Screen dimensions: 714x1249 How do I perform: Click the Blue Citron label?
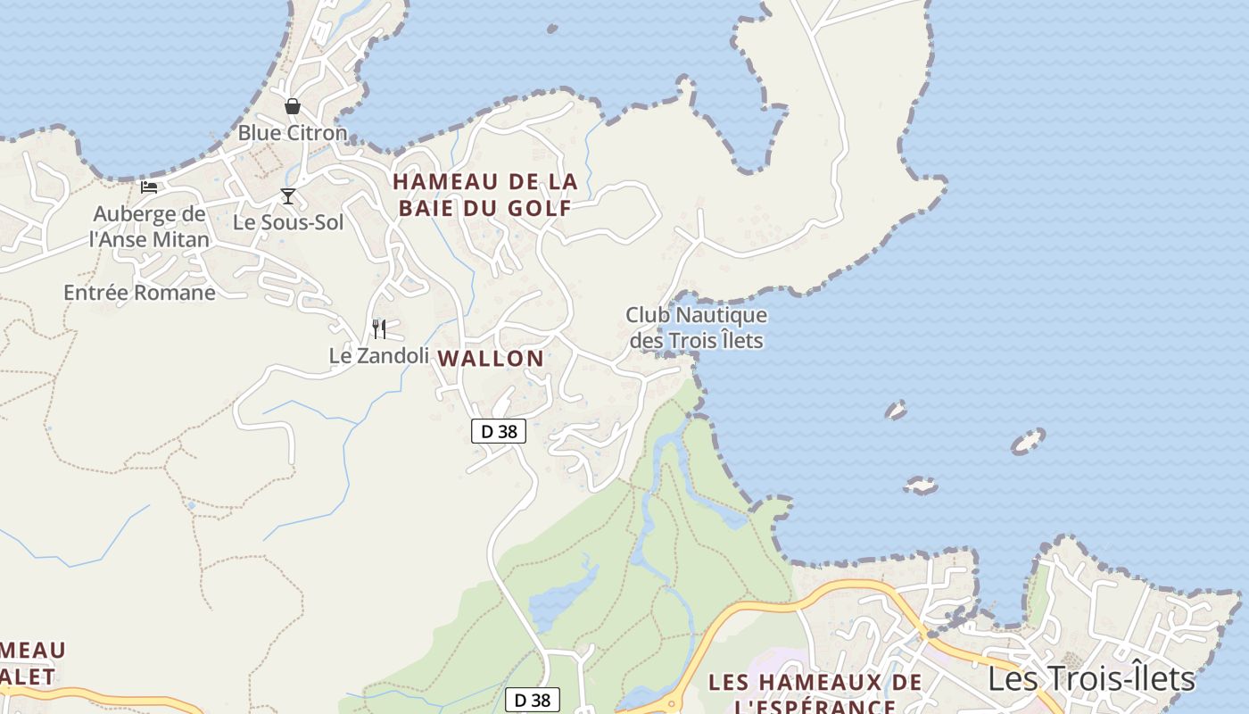tap(292, 133)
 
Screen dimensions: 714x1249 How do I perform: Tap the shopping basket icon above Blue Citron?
tap(292, 107)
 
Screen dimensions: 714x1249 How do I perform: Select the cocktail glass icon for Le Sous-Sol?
tap(287, 196)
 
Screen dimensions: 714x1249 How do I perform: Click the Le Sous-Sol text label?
tap(287, 222)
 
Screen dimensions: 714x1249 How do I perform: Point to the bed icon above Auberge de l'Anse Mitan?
tap(149, 187)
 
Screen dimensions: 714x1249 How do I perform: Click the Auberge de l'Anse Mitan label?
tap(149, 227)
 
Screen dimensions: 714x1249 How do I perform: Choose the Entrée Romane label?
tap(139, 293)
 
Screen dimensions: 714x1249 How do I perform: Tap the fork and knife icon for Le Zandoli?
tap(379, 329)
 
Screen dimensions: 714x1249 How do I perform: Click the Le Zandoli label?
tap(378, 355)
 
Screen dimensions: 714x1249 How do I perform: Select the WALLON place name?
tap(490, 359)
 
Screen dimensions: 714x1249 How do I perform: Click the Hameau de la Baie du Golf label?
tap(485, 195)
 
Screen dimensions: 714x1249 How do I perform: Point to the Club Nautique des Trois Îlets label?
tap(696, 328)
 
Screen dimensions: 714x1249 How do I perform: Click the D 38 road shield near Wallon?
tap(499, 431)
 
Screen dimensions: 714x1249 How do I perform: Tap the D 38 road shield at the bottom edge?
tap(533, 701)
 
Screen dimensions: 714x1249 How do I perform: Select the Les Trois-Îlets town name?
tap(1090, 679)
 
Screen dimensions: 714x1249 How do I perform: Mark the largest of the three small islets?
tap(1028, 442)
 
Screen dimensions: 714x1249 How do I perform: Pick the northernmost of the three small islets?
tap(896, 411)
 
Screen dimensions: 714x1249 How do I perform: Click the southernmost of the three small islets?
tap(921, 486)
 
